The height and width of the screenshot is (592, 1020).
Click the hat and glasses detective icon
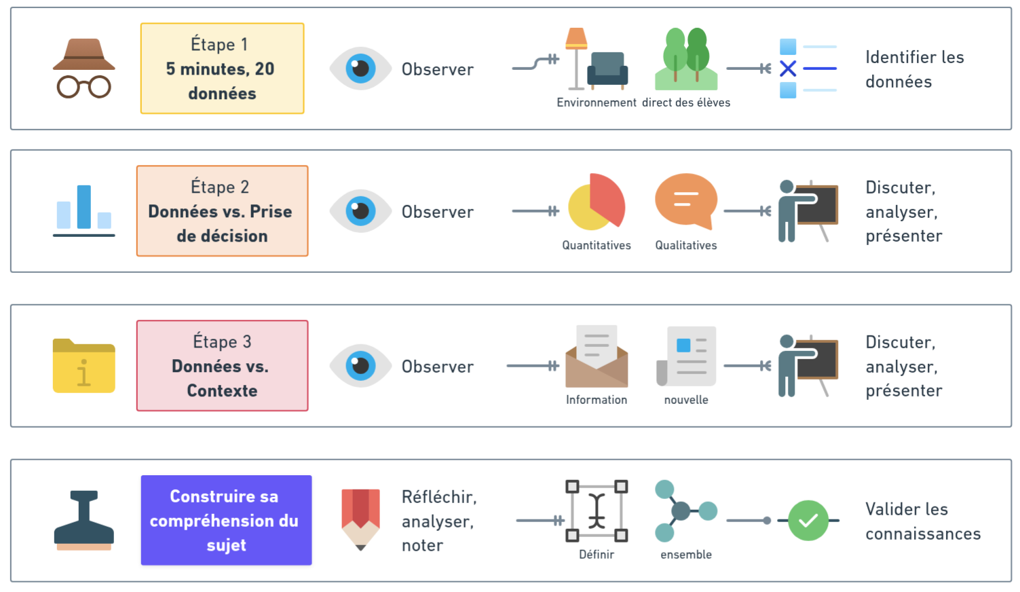83,68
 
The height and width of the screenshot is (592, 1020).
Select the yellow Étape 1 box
222,69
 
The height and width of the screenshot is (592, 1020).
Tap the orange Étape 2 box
222,211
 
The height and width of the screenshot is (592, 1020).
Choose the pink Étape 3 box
222,366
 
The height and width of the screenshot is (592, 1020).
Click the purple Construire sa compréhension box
226,521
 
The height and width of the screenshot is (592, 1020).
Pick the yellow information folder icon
83,365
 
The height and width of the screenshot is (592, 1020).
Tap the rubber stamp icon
83,520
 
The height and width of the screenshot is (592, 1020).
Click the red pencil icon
360,519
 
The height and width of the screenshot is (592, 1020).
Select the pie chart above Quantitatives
597,202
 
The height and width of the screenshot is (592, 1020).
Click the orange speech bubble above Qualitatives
686,201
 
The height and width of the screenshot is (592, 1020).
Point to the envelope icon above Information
597,356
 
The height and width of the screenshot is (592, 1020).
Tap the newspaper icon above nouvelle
686,356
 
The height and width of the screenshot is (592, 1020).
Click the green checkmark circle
808,521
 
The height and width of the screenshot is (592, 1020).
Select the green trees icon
686,59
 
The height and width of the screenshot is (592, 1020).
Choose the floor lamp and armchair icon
597,59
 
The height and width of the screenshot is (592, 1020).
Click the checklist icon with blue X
808,69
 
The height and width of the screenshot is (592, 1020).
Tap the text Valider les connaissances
923,521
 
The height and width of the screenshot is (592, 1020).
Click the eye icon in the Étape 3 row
360,366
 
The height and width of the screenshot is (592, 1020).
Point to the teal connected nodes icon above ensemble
685,511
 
